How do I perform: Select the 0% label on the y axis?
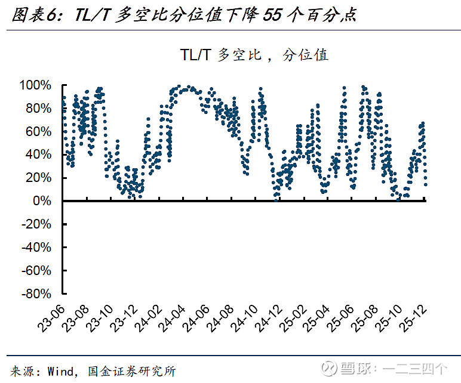[45, 201]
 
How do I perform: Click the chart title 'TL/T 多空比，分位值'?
[254, 55]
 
